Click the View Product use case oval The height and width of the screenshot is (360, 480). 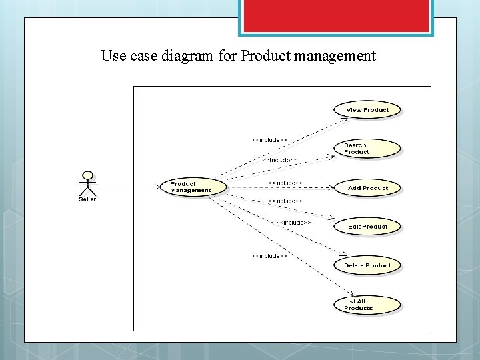[367, 110]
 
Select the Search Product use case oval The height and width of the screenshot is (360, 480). [367, 149]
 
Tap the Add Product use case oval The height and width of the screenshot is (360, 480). [367, 188]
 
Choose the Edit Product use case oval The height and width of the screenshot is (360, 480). [367, 227]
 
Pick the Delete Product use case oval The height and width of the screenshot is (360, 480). [367, 265]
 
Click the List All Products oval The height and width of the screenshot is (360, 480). [367, 305]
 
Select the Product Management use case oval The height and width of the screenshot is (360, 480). [193, 187]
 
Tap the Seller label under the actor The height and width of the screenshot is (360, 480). [87, 199]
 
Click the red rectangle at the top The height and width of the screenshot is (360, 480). [335, 15]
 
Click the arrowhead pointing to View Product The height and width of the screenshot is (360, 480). [345, 120]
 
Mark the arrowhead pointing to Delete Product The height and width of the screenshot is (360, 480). [343, 254]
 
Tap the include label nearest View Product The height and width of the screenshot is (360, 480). [269, 140]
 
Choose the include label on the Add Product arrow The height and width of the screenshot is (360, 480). [285, 182]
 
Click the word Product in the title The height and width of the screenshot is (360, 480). [263, 56]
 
